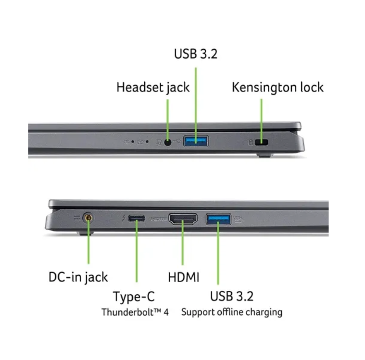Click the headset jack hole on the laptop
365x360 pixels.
(168, 142)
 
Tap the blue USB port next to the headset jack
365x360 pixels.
(196, 141)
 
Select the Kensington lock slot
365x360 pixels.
(262, 142)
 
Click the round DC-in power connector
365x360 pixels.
(88, 218)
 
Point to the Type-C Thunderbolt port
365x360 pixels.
(137, 218)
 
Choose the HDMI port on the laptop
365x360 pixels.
(183, 219)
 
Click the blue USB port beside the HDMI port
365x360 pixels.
(218, 219)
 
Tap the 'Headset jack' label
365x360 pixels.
(153, 88)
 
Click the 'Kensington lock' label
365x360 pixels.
(277, 87)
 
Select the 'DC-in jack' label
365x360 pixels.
(78, 277)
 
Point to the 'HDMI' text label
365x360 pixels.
(184, 277)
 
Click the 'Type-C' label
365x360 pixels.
(134, 297)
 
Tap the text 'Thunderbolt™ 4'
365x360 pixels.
(135, 312)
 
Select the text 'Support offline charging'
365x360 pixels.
(232, 312)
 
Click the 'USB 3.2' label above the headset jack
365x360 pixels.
(196, 54)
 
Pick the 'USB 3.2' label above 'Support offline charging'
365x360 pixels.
(232, 297)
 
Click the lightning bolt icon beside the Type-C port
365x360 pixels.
(124, 218)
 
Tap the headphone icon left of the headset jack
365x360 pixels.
(159, 142)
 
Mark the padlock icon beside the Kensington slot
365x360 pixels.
(251, 142)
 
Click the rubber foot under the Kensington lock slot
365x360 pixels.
(265, 155)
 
